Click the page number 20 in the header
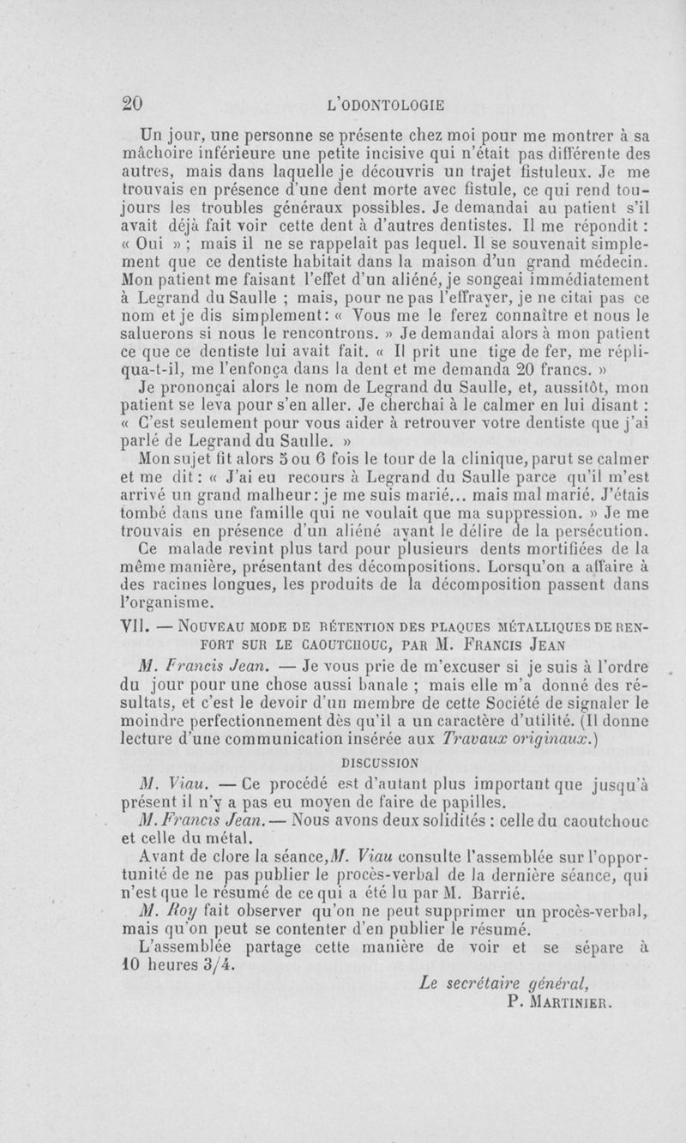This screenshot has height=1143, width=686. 132,105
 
